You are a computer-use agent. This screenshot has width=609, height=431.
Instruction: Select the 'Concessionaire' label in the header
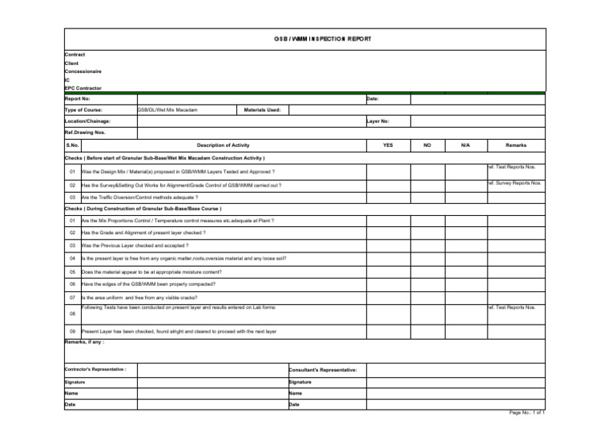pos(82,71)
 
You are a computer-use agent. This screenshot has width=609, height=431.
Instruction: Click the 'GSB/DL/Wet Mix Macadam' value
pos(167,110)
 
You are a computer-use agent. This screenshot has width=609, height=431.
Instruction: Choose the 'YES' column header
pos(388,146)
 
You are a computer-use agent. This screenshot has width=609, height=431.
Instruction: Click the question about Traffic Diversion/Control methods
pos(140,197)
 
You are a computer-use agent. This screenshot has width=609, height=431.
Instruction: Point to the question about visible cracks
pos(138,297)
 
